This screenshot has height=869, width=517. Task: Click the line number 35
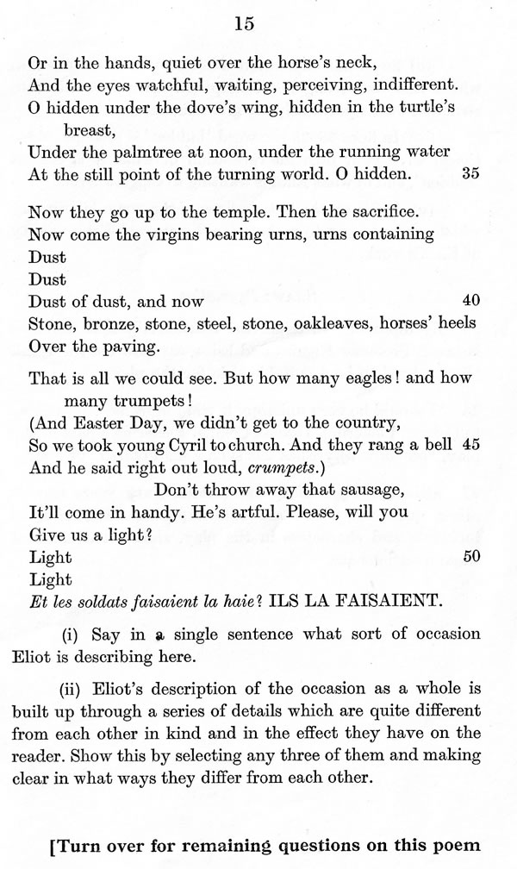coord(470,172)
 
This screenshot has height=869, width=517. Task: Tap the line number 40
coord(470,301)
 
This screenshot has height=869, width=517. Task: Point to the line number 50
coord(470,556)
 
